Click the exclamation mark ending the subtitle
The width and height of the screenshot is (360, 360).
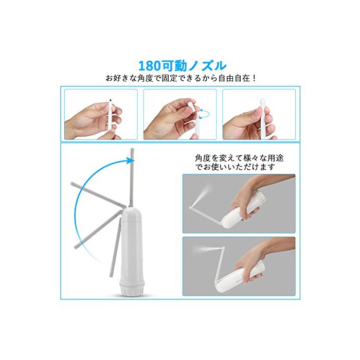tap(254, 78)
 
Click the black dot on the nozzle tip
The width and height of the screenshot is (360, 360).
tap(111, 100)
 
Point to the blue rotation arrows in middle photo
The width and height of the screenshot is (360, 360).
tap(204, 114)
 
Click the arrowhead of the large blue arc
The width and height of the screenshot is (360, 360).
tap(130, 160)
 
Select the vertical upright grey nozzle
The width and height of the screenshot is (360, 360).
tap(132, 178)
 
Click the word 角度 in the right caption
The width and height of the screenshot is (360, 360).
tap(203, 158)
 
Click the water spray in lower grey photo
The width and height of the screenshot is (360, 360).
tap(204, 248)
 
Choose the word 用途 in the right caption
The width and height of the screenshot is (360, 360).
tap(276, 158)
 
